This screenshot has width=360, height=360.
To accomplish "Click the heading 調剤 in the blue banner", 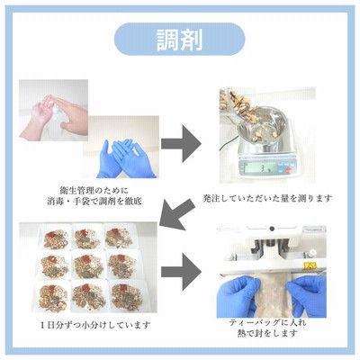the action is coord(180,40).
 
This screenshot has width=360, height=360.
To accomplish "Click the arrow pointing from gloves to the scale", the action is coord(181,144).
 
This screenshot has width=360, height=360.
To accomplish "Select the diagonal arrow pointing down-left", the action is coord(177,214).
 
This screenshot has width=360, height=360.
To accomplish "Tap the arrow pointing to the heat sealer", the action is coord(181,272).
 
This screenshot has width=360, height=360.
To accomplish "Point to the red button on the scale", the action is coord(289,170).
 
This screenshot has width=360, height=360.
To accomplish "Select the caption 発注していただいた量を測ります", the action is coord(267,198).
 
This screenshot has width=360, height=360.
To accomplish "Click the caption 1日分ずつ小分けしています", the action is coord(94,325).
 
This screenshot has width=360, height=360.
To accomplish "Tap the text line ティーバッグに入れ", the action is coord(267,323).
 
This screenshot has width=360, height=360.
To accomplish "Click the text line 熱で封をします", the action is coord(267,333).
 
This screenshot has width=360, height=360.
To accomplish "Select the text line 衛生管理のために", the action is coord(94,191).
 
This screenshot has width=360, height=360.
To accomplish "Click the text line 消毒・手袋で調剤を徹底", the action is coord(94,201).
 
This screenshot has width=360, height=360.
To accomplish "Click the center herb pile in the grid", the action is coord(89,265).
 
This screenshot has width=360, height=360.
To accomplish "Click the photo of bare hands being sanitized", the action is coord(53,110).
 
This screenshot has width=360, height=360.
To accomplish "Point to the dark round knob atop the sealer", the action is coord(272,229).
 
